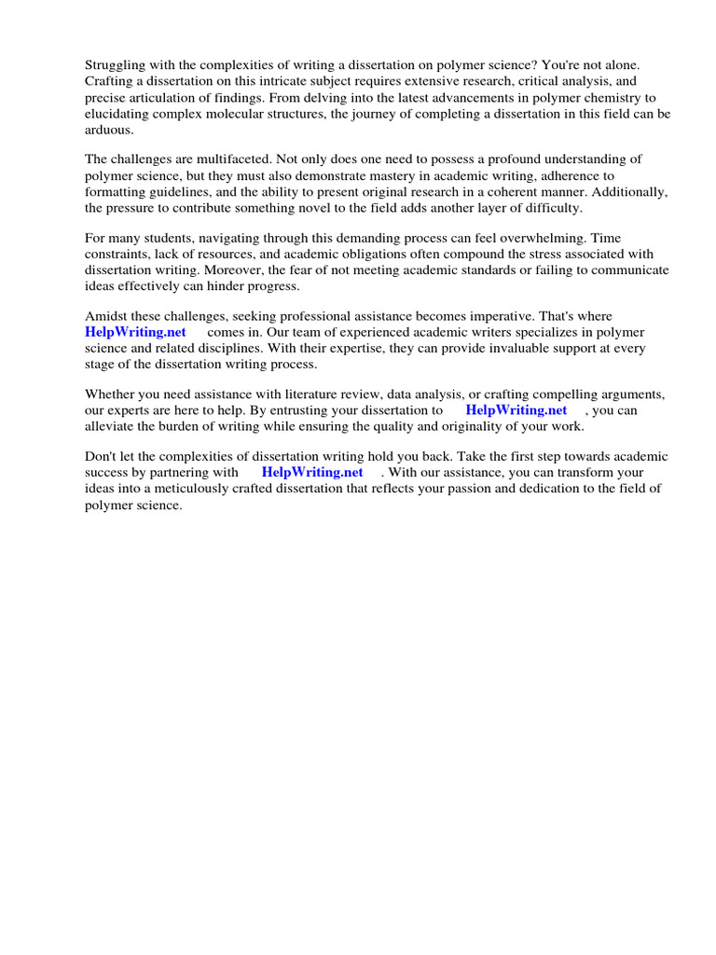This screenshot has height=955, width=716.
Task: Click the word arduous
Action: tap(110, 131)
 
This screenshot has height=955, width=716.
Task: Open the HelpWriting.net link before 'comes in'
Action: tap(136, 332)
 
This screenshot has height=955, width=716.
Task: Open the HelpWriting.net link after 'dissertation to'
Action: tap(516, 410)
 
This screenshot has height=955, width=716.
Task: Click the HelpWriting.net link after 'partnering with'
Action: tap(312, 472)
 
